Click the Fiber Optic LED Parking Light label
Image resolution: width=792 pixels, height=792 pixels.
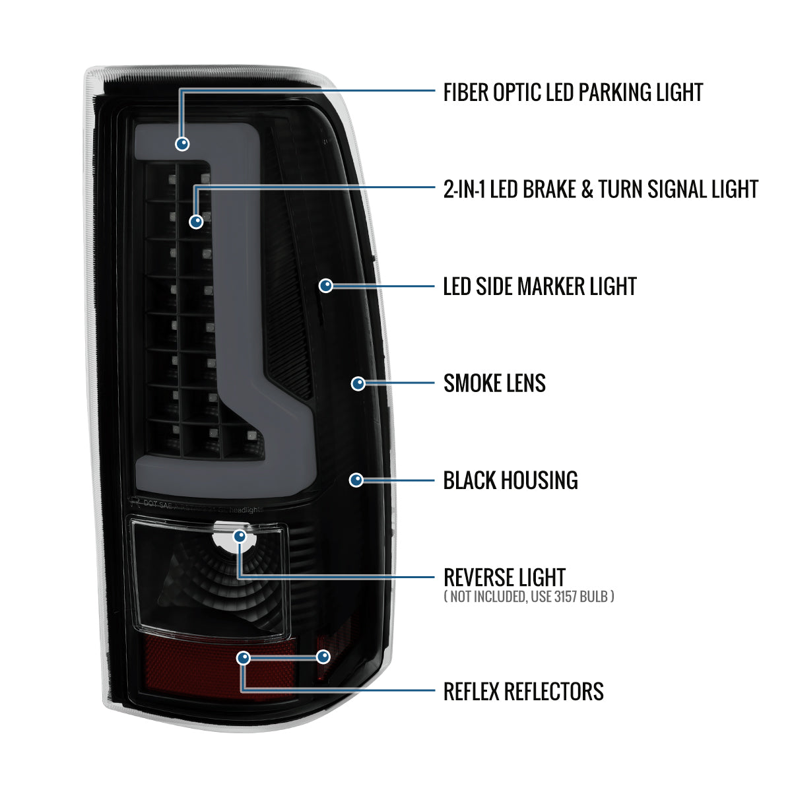[573, 92]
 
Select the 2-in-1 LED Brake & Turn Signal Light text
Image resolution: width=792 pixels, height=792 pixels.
[601, 189]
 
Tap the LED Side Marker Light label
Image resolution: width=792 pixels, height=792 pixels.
[540, 286]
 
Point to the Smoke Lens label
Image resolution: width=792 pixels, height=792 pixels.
[494, 383]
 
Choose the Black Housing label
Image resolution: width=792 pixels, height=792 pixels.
[510, 480]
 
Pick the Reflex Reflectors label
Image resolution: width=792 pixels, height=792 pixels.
[523, 691]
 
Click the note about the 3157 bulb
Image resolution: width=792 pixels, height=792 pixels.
[529, 597]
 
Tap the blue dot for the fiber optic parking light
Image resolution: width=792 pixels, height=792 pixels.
[182, 144]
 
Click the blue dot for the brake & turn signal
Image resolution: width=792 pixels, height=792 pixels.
[196, 222]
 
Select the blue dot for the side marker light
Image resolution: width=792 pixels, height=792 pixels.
[326, 286]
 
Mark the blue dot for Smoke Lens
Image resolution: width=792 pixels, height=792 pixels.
[358, 383]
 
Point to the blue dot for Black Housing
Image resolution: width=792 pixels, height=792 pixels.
[356, 480]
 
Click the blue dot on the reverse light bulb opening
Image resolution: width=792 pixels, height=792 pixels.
[240, 536]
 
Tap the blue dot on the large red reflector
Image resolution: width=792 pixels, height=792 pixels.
[244, 658]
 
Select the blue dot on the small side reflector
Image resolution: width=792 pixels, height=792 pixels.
[323, 656]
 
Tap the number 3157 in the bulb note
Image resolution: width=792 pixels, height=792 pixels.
[566, 597]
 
